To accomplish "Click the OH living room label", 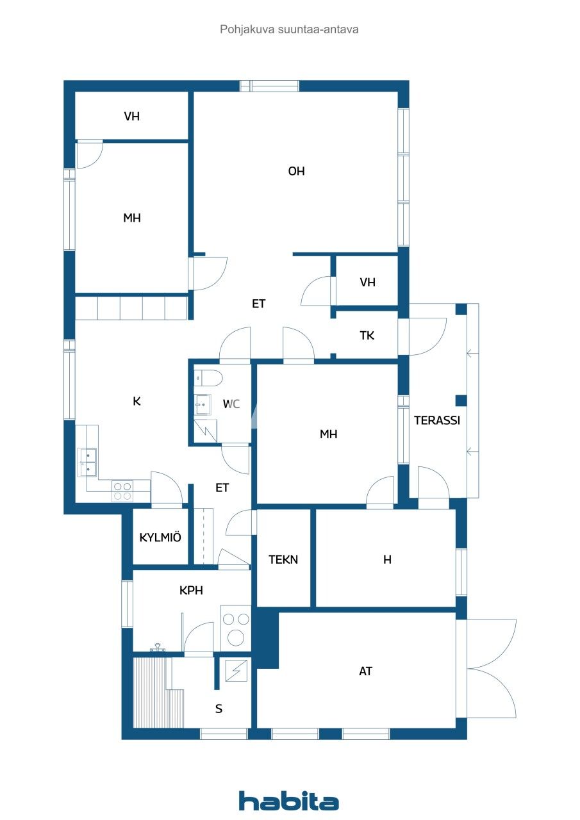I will point(296,172).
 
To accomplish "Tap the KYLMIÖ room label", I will point(160,537).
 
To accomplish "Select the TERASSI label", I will point(437,421).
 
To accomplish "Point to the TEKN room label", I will point(283,560).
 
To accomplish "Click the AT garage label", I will point(365,671).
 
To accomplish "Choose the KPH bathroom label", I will point(191,591).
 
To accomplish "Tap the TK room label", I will point(367,336).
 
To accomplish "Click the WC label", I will point(231,404).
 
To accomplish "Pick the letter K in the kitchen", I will point(137,402).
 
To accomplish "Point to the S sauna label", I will point(219,709).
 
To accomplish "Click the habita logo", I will point(288,801).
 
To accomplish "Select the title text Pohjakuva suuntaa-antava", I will point(289,29).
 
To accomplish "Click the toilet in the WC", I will point(208,377).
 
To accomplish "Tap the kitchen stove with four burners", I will point(122,491).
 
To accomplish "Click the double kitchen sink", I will point(87,463).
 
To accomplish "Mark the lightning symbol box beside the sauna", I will point(235,671).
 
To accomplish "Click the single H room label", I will point(387,560).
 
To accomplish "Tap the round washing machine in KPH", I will point(236,637).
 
